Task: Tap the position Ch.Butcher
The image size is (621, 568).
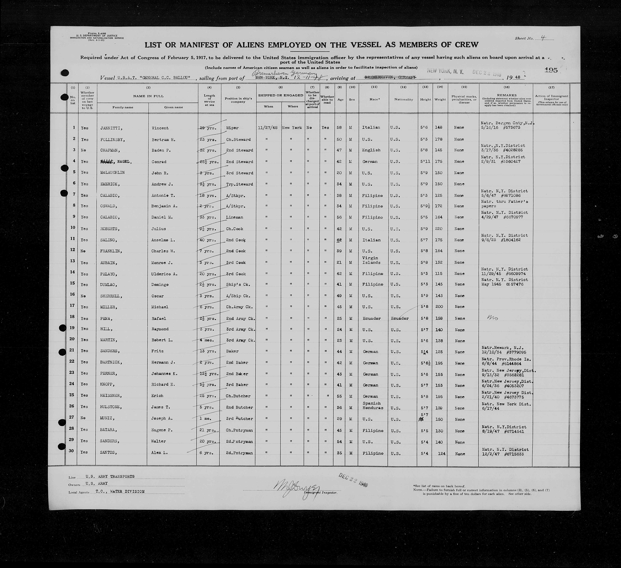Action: tap(238, 396)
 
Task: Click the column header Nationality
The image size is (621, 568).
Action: tap(403, 99)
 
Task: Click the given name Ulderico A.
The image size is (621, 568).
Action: tap(164, 274)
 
